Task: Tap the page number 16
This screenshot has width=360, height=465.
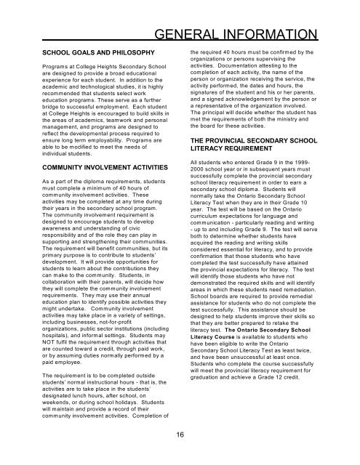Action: click(x=180, y=435)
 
